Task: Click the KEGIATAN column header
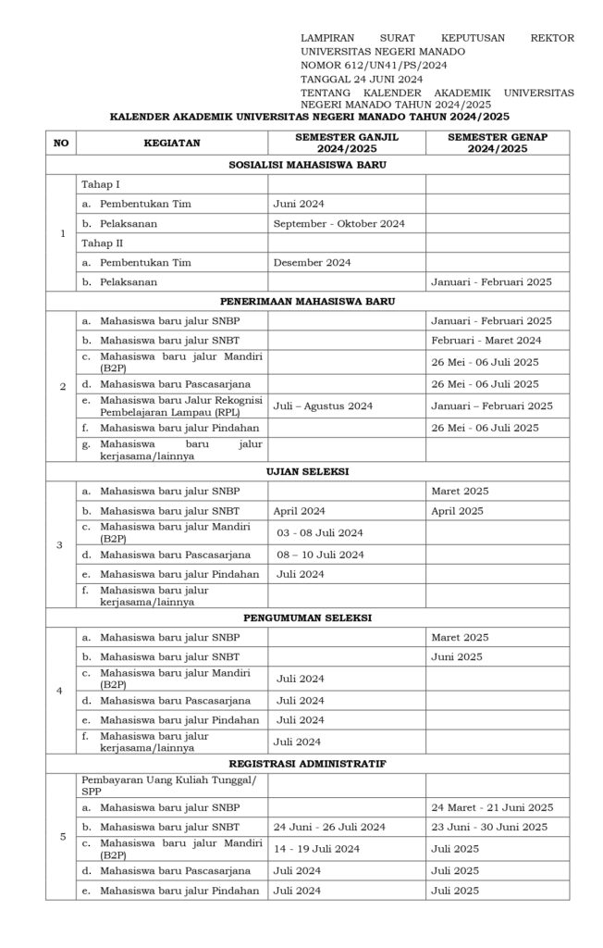166,143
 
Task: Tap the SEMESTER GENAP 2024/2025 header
497,143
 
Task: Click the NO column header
61,143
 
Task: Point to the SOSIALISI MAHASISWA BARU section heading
307,165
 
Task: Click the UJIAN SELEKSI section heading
307,471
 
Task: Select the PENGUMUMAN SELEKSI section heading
307,617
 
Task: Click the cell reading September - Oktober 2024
339,223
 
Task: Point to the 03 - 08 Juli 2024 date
320,532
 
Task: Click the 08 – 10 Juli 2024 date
320,555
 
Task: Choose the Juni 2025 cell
457,656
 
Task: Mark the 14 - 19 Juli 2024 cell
316,848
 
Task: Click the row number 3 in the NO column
59,544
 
